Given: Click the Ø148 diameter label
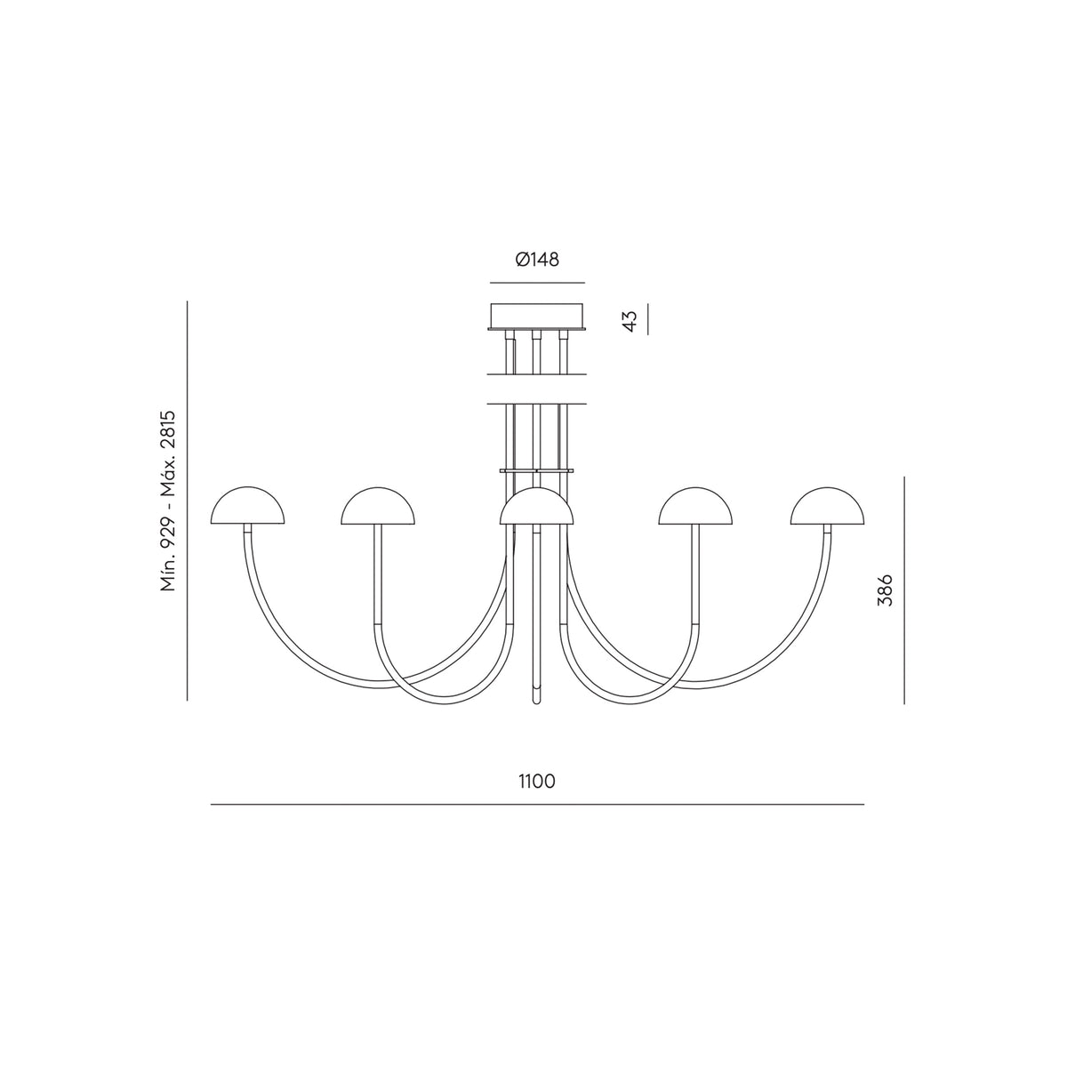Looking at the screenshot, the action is click(x=536, y=259).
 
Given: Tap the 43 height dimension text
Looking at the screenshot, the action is click(x=630, y=321).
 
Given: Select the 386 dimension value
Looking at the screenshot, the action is click(x=886, y=590).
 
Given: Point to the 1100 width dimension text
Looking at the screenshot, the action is click(x=536, y=781).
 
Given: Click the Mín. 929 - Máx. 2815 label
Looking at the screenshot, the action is click(x=168, y=501).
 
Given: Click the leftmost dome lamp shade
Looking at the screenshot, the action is click(x=247, y=506).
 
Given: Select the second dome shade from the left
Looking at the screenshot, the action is click(x=378, y=506).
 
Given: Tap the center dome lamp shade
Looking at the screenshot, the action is click(x=536, y=506).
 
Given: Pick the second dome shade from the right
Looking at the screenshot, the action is click(x=695, y=506).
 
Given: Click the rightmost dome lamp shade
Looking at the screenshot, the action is click(x=827, y=506).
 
